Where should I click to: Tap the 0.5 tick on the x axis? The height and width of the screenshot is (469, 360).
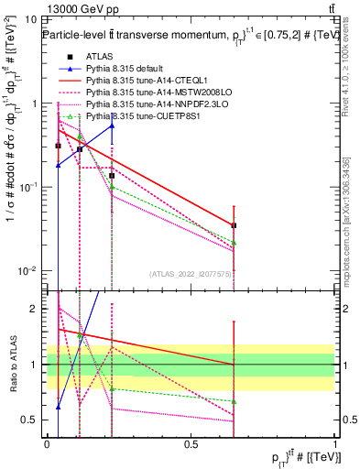191,444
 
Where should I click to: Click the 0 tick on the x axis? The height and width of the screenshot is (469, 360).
48,444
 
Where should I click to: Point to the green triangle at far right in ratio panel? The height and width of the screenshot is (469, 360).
235,402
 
